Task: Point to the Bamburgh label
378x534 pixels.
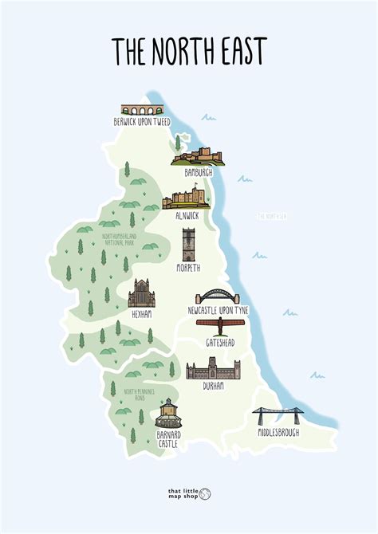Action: tap(199, 171)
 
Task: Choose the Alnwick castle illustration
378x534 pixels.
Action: tap(187, 199)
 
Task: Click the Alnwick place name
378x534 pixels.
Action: tap(187, 215)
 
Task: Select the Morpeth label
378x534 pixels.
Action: tap(189, 269)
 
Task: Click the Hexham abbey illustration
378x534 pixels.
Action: tap(141, 293)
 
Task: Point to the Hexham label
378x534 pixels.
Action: tap(141, 314)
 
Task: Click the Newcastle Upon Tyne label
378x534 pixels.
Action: tap(218, 309)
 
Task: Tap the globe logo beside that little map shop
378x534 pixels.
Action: tap(205, 494)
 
